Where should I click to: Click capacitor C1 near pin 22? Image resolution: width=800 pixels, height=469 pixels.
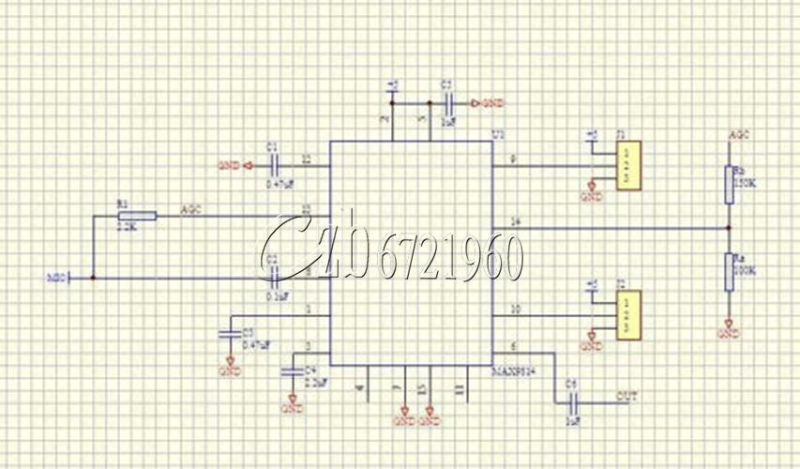point(274,165)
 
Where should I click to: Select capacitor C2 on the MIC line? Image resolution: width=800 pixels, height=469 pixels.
point(273,277)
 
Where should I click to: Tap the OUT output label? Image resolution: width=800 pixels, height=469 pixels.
point(626,398)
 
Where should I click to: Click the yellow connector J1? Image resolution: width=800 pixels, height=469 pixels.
point(629,165)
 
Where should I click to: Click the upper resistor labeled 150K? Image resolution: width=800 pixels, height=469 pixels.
point(729,184)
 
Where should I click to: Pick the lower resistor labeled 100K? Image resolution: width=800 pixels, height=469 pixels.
point(729,272)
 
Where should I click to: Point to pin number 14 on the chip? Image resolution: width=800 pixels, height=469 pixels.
point(513,221)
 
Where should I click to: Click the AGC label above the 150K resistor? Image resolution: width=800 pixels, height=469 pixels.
point(739,138)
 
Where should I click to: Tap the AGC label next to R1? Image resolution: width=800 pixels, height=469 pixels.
point(190,209)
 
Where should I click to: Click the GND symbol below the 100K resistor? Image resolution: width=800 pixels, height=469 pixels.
point(728,331)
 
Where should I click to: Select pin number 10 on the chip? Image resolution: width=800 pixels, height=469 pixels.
point(513,308)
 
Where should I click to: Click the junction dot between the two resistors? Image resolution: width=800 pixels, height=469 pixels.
point(729,228)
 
